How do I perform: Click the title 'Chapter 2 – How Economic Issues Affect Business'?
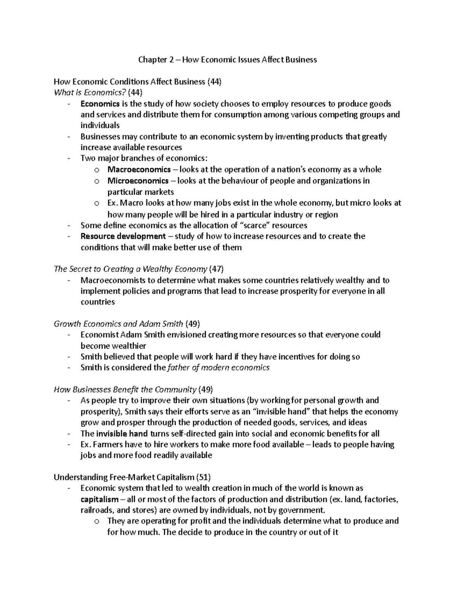(227, 59)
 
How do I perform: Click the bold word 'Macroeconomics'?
(139, 169)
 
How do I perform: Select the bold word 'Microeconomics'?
(138, 180)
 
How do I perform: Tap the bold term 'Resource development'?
(123, 236)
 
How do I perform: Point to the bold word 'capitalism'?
(99, 499)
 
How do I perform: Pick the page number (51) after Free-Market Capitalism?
(203, 477)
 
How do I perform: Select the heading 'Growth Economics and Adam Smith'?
(118, 324)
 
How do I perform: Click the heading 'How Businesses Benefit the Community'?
(125, 390)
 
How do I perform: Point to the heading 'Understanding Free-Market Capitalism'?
(124, 477)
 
